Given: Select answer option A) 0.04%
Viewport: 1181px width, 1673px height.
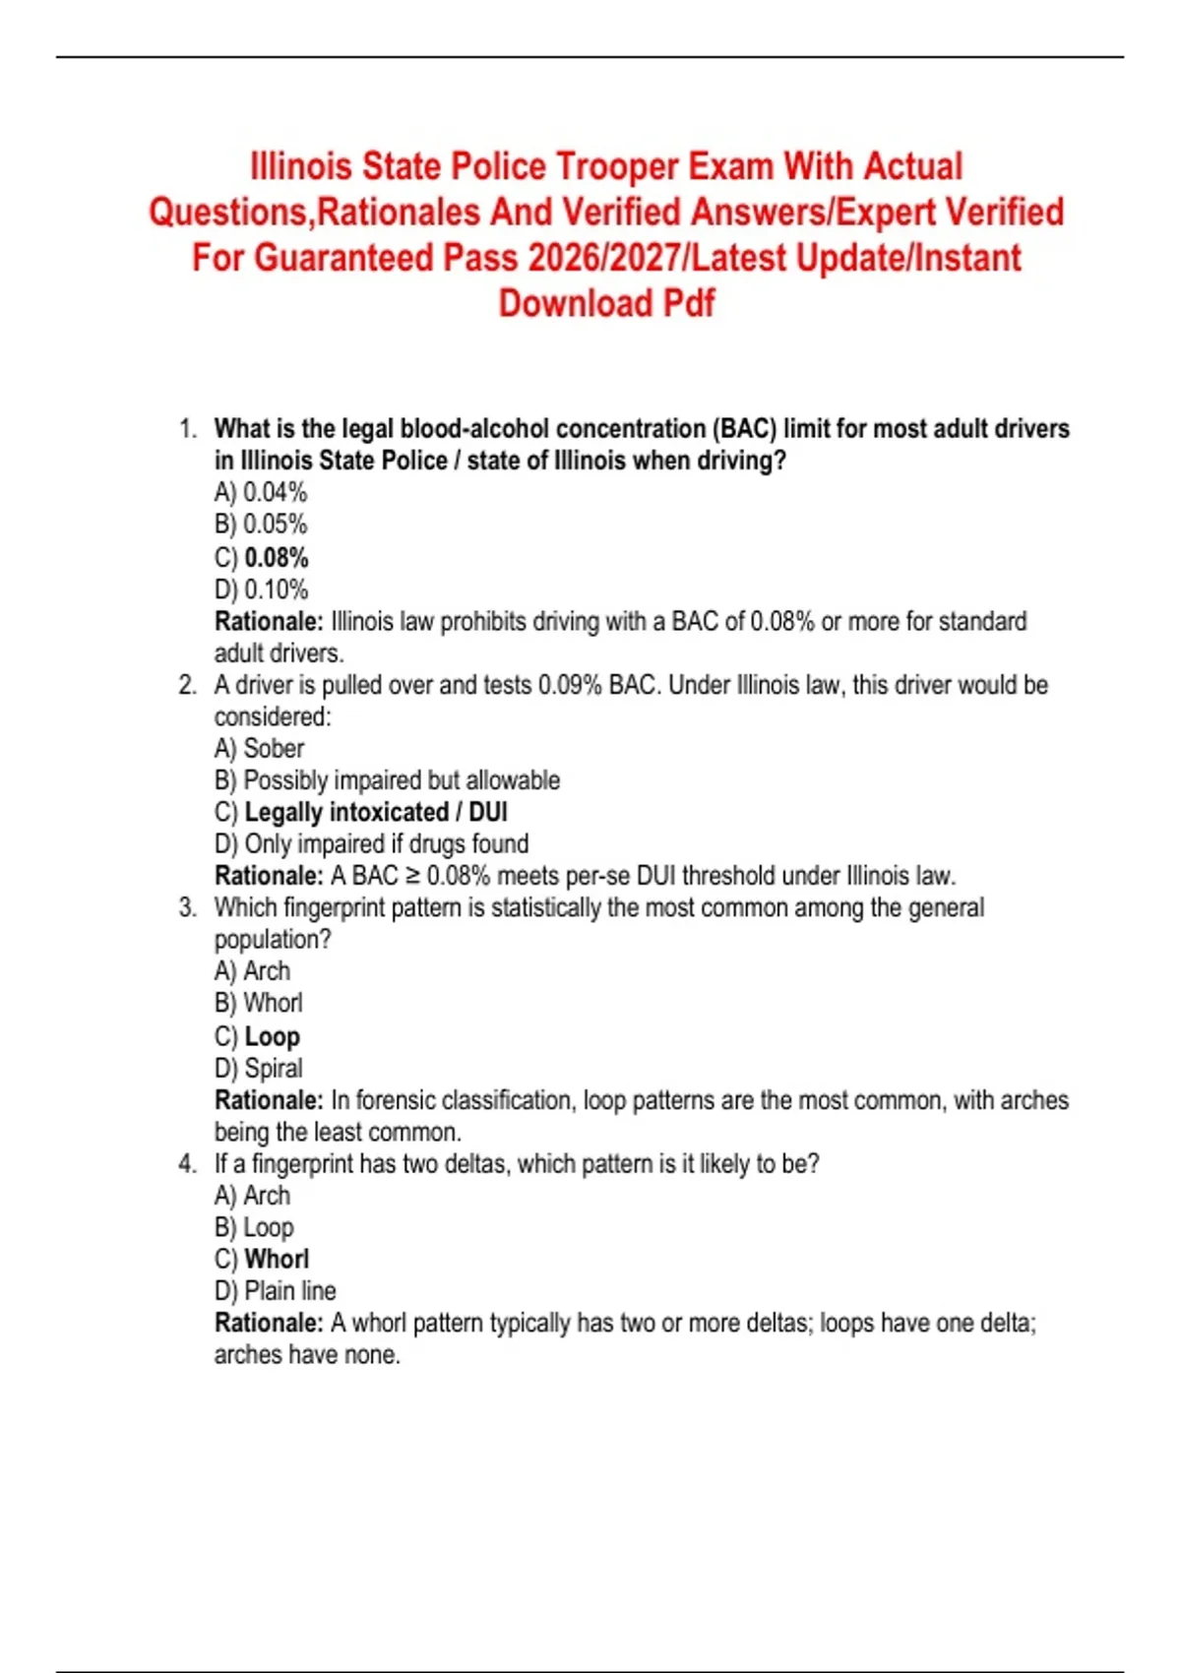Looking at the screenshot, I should [261, 492].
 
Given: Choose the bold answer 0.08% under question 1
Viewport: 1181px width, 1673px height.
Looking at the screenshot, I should [276, 557].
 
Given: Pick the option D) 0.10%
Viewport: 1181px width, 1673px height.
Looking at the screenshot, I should [261, 589].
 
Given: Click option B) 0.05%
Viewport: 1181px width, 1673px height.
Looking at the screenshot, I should [261, 525].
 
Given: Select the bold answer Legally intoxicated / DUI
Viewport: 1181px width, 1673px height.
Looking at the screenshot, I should [376, 812].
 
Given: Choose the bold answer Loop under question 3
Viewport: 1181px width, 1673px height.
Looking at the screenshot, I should [272, 1036].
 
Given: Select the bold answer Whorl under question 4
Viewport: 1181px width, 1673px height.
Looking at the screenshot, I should [277, 1259].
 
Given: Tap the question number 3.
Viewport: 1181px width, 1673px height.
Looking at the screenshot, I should [187, 907].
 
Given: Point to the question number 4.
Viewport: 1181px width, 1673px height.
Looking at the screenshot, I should [187, 1164].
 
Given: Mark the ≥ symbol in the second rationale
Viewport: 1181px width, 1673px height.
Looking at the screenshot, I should [413, 876].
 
